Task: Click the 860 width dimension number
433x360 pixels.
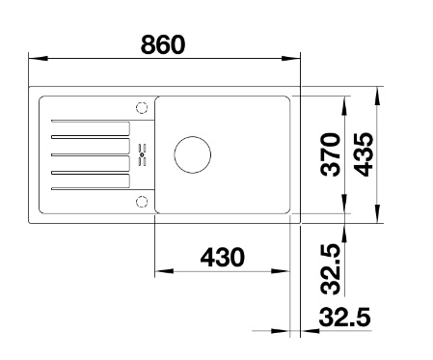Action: tap(163, 44)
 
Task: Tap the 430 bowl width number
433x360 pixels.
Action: tap(223, 257)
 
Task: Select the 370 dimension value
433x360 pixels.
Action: tap(331, 154)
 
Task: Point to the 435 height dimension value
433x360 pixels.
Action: tap(364, 154)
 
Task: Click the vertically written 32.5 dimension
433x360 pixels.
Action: tap(331, 269)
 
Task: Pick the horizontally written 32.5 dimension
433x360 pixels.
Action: tap(345, 317)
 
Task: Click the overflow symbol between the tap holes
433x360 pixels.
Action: tap(142, 154)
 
